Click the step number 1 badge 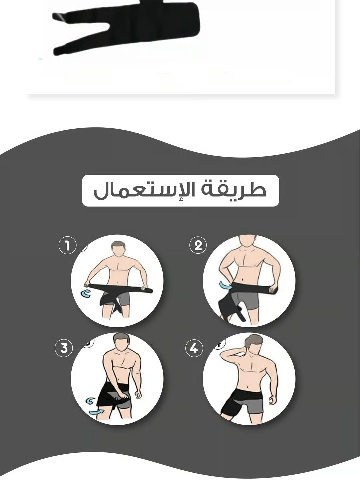click(67, 246)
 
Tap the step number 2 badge click(198, 246)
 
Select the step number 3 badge click(64, 348)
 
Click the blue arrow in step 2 click(225, 286)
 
